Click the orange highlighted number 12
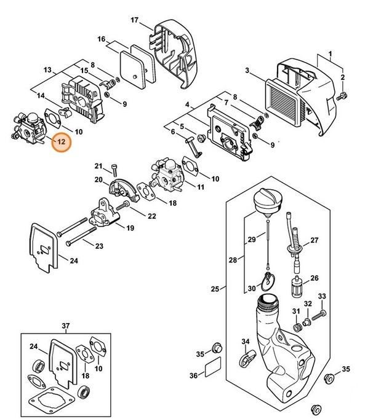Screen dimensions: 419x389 tap(62, 143)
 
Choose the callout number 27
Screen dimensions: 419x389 tap(315, 240)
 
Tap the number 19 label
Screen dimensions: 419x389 tap(130, 228)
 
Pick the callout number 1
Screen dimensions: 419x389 tap(330, 53)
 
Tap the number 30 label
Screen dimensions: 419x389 tap(252, 288)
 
